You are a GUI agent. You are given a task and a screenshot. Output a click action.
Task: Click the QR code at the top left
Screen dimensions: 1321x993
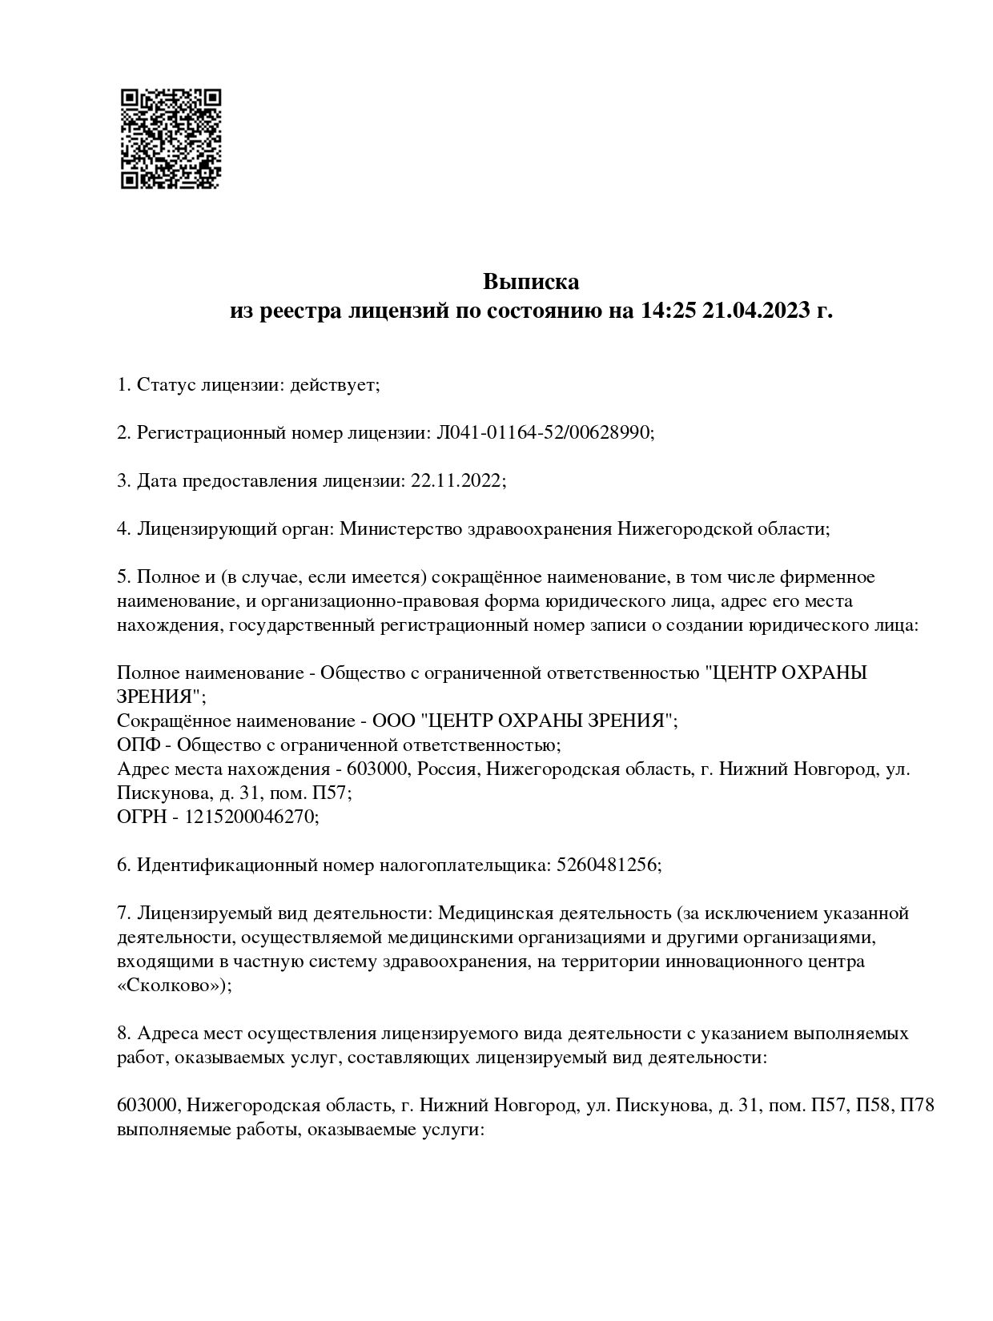pos(171,139)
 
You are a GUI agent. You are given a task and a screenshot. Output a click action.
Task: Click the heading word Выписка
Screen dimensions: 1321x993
pos(530,282)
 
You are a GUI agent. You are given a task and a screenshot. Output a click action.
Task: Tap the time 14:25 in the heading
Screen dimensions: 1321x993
pos(666,311)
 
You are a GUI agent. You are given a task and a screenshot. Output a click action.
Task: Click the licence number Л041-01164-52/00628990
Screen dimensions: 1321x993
pos(545,433)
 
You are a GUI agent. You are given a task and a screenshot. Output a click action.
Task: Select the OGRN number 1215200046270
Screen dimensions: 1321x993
pos(251,817)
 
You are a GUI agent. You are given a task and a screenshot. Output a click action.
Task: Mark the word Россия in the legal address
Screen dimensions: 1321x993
pos(445,769)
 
